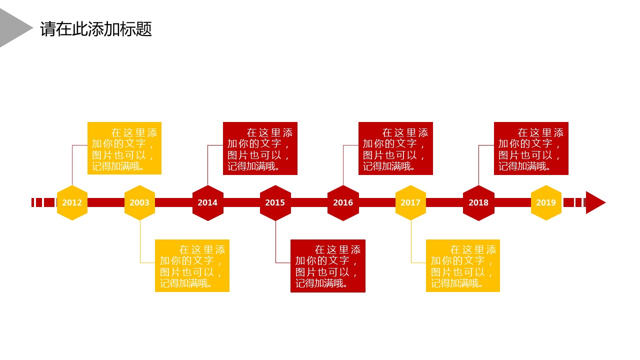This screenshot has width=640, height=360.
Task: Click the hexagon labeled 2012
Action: [72, 202]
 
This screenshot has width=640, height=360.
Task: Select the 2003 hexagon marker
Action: [139, 202]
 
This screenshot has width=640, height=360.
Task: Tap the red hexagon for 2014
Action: [207, 202]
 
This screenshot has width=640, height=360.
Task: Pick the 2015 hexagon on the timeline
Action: [275, 202]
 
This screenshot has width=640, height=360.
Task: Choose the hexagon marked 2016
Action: [343, 202]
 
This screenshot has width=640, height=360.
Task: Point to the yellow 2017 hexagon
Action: [410, 202]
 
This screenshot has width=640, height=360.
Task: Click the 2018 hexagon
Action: [478, 202]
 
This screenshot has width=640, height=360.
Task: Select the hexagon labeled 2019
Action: [546, 202]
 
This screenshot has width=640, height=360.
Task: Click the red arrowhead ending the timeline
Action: [594, 202]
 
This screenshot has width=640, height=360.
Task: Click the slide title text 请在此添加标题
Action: [96, 29]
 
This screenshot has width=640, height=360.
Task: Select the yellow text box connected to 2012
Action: [124, 148]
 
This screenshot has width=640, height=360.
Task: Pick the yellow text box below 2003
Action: [192, 265]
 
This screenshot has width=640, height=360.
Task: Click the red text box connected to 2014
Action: [260, 148]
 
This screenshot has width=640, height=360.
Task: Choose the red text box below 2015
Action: [327, 265]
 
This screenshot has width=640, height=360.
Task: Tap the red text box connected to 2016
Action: [395, 148]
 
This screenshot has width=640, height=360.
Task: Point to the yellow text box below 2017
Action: [463, 265]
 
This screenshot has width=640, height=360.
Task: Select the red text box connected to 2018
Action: [531, 148]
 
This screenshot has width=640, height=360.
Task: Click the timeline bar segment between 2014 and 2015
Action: [241, 202]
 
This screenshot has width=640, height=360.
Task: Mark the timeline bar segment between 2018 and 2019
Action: [512, 202]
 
